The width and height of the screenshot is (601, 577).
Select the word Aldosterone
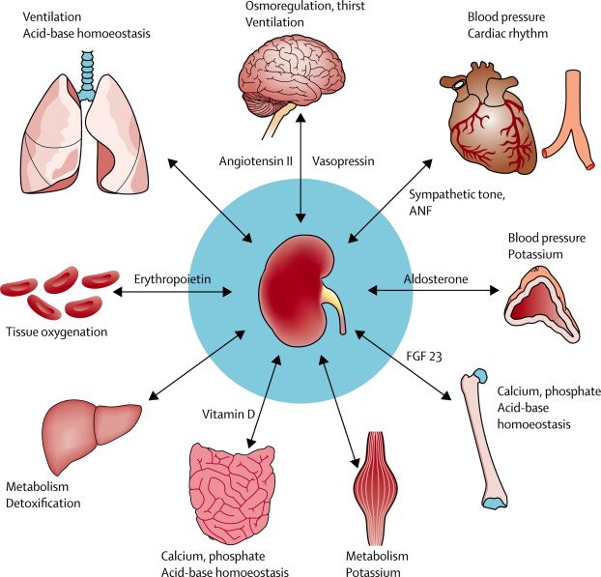pos(435,279)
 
